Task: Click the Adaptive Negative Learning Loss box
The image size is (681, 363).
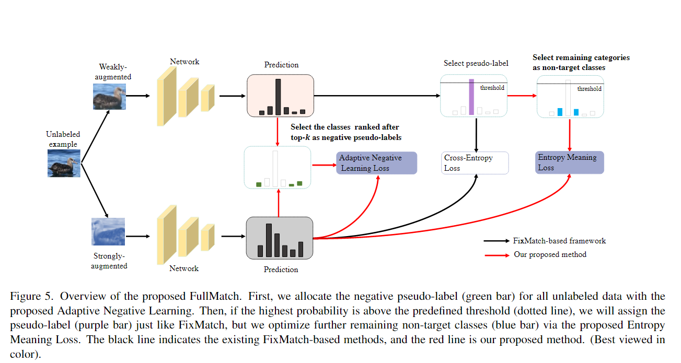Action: pos(376,163)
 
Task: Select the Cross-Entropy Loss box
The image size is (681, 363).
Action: pos(475,163)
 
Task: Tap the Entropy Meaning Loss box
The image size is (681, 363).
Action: pos(570,162)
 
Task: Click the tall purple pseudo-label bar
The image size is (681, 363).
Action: pos(471,97)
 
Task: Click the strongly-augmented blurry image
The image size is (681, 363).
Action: pos(109,231)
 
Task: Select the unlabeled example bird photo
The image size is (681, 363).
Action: pos(64,162)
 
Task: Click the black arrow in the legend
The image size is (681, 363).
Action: pos(497,241)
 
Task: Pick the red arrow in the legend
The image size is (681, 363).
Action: pos(497,255)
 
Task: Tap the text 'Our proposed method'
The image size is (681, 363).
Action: pos(550,255)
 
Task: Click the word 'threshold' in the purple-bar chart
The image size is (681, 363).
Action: pos(492,88)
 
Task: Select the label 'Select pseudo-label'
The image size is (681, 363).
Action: pos(476,64)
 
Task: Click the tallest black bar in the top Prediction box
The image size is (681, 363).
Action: pos(278,97)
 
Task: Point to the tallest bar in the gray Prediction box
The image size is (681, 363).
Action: pos(269,240)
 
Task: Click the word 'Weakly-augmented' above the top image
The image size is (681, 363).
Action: pos(113,72)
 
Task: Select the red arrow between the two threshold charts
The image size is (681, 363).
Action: pos(522,96)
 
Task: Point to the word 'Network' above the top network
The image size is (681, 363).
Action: pos(184,62)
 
